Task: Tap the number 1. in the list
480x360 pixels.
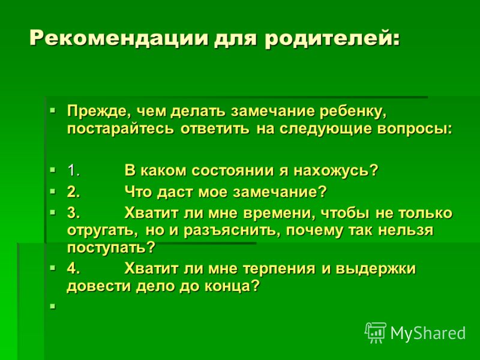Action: coord(73,170)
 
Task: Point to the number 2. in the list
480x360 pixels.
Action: coord(74,192)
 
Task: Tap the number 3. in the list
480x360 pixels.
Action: coord(74,213)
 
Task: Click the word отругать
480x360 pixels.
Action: coord(100,230)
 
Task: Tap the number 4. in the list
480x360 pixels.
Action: coord(74,268)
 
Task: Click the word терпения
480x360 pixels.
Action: coord(279,269)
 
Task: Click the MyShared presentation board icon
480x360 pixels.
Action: coord(376,332)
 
